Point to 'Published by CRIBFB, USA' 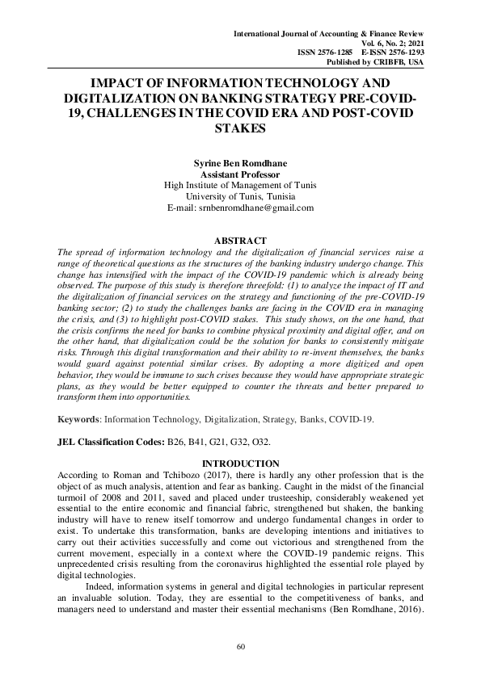pos(374,62)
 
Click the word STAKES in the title pos(240,128)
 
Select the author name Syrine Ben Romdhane pos(240,163)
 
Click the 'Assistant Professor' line pos(240,174)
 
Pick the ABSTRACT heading pos(240,241)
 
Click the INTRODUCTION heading pos(240,463)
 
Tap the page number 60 pos(240,647)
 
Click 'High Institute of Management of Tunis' pos(240,185)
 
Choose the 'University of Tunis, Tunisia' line pos(240,196)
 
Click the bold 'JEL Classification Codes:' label pos(109,442)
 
